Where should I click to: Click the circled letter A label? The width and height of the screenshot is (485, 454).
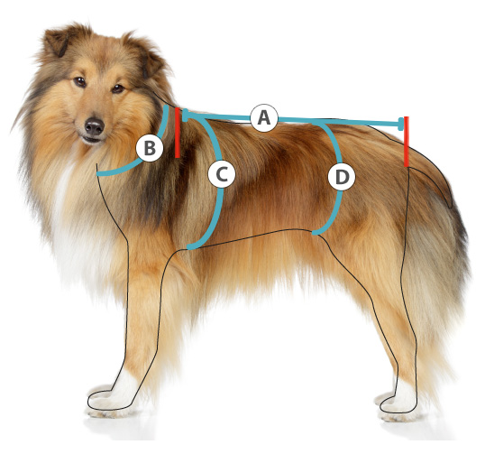click(264, 118)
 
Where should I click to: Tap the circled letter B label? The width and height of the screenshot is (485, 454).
click(150, 148)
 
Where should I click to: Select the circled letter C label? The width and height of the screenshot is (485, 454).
click(222, 174)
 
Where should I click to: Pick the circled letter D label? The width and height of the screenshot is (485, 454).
click(342, 177)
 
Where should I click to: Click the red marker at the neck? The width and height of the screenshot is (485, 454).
click(178, 133)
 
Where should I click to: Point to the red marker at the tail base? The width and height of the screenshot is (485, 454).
click(407, 142)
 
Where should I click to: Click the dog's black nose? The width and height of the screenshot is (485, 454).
click(94, 126)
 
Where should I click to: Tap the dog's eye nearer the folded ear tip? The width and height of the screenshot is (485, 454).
click(79, 82)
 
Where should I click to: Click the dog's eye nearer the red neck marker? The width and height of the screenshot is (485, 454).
click(118, 88)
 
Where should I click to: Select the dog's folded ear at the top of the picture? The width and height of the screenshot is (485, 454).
click(59, 42)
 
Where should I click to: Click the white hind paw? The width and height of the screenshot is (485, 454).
click(398, 403)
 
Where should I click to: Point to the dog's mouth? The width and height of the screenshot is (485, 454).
click(90, 139)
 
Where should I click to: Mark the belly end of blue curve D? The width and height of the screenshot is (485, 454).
click(316, 232)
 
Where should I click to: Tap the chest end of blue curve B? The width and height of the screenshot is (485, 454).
click(99, 173)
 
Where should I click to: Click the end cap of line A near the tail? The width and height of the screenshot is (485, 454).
click(401, 124)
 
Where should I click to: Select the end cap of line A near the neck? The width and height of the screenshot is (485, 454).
click(185, 116)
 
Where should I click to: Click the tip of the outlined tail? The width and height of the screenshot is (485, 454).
click(450, 207)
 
